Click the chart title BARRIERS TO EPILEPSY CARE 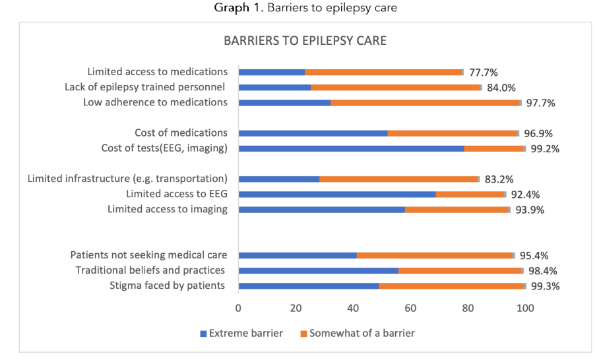coord(305,41)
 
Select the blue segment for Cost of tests coord(351,148)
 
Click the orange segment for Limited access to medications coord(383,72)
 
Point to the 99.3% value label coord(546,286)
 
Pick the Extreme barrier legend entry coord(241,333)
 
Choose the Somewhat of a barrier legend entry coord(357,333)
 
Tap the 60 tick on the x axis coord(410,307)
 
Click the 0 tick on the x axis coord(238,307)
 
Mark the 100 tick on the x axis coord(525,307)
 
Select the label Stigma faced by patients coord(167,285)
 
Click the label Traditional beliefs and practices coord(150,270)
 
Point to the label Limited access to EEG coord(177,194)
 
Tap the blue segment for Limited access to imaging coord(321,210)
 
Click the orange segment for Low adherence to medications coord(425,103)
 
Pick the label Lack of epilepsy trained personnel coord(145,87)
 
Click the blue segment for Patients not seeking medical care coord(298,255)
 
